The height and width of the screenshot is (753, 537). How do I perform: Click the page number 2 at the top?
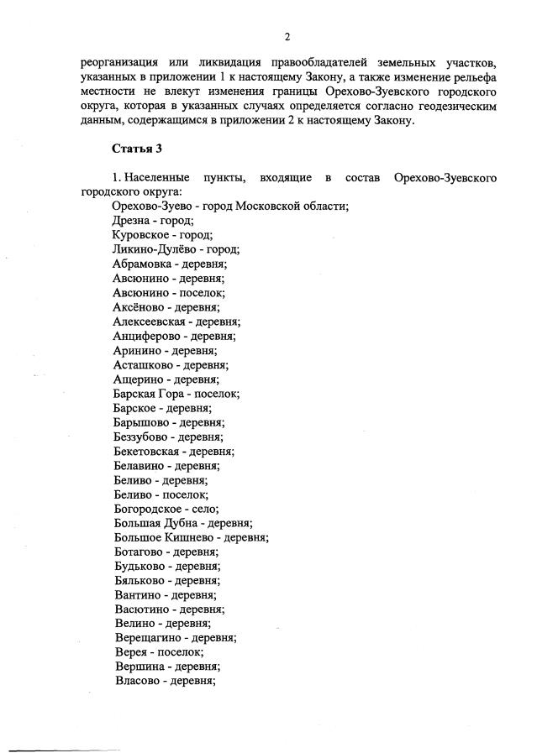[287, 37]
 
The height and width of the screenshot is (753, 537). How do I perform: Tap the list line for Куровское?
[162, 235]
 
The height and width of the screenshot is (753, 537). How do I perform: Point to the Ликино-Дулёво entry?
[176, 249]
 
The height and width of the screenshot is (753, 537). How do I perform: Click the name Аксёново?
[139, 307]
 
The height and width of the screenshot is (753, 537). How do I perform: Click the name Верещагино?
[148, 638]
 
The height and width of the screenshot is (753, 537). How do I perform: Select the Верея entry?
[129, 652]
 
